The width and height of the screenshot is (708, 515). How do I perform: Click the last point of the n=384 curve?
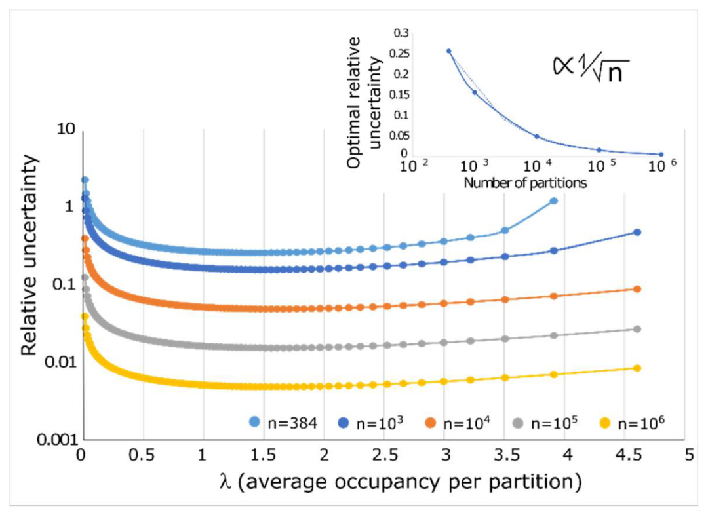coord(553,201)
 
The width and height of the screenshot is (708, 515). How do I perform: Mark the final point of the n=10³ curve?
coord(637,232)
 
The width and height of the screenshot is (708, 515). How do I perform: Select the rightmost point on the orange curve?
coord(637,289)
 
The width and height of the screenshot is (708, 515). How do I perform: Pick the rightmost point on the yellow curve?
coord(637,368)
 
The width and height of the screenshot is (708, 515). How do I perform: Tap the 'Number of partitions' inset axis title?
coord(525,183)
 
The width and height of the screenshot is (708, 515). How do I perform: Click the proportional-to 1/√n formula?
coord(584,67)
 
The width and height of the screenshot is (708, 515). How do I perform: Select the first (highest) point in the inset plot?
coord(449,51)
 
